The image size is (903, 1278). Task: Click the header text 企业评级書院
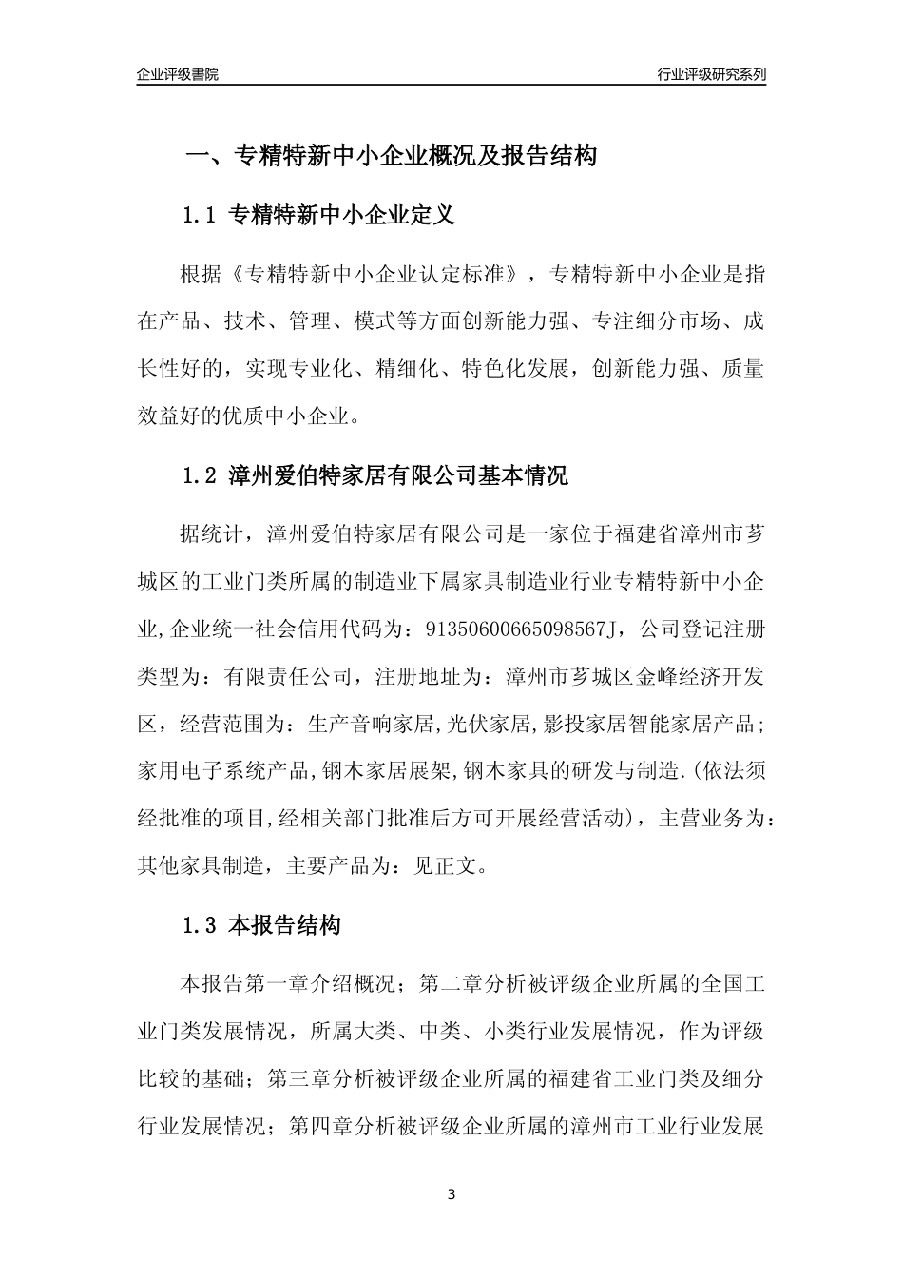(178, 74)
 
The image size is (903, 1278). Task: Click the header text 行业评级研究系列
(711, 74)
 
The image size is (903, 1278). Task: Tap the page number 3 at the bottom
(451, 1194)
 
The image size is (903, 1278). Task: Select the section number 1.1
(201, 216)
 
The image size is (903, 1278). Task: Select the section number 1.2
(201, 475)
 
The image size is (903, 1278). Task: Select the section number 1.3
(201, 925)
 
